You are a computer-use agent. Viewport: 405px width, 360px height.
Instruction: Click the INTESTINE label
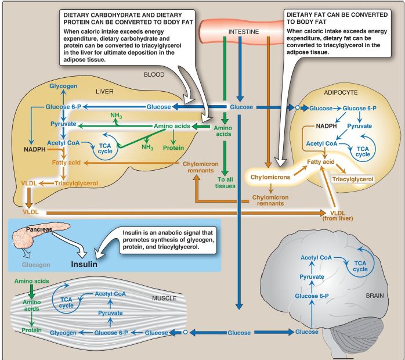tap(244, 31)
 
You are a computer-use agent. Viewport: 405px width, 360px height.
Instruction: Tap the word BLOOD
tap(154, 74)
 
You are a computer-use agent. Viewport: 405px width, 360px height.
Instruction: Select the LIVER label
tap(104, 92)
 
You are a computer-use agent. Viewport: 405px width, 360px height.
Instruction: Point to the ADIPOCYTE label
tap(341, 92)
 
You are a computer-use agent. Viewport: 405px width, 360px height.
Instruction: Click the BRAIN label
tap(375, 296)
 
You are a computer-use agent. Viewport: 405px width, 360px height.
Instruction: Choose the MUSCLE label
tap(164, 298)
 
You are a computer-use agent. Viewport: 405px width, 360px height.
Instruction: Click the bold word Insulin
tap(84, 264)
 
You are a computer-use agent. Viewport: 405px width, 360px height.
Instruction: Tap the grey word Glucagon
tap(36, 265)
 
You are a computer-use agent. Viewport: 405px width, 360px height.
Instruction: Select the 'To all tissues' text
tap(225, 183)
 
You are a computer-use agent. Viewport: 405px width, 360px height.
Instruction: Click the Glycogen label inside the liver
tap(63, 86)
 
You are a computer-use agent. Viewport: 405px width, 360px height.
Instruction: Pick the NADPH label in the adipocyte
tap(327, 126)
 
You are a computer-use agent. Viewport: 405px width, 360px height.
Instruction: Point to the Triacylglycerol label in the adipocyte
tap(353, 179)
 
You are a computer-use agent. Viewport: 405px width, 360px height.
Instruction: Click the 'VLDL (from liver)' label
tap(338, 216)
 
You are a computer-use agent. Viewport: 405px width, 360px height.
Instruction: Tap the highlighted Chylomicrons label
tap(270, 177)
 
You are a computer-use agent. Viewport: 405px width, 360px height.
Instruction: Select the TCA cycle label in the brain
tap(360, 266)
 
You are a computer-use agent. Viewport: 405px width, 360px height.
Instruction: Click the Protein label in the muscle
tap(31, 330)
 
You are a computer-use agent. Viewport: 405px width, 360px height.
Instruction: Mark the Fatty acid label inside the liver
tap(66, 163)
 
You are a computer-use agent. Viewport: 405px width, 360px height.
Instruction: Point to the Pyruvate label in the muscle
tap(110, 313)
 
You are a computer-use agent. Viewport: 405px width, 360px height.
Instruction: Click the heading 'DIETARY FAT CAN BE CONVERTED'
tap(337, 15)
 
